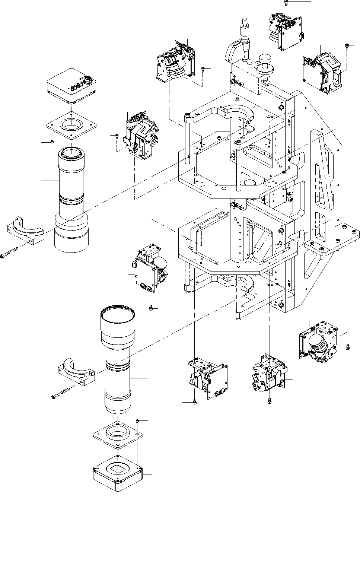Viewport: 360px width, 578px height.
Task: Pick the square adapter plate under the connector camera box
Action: pos(72,124)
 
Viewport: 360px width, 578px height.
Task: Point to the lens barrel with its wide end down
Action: pos(71,201)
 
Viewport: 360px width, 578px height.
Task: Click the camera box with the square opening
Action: pos(118,471)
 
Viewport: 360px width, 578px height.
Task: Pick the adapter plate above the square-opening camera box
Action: pos(118,434)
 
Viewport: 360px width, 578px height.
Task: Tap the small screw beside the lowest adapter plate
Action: pos(137,420)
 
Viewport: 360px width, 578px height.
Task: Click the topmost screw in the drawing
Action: pos(286,2)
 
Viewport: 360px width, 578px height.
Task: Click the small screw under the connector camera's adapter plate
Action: pos(52,142)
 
